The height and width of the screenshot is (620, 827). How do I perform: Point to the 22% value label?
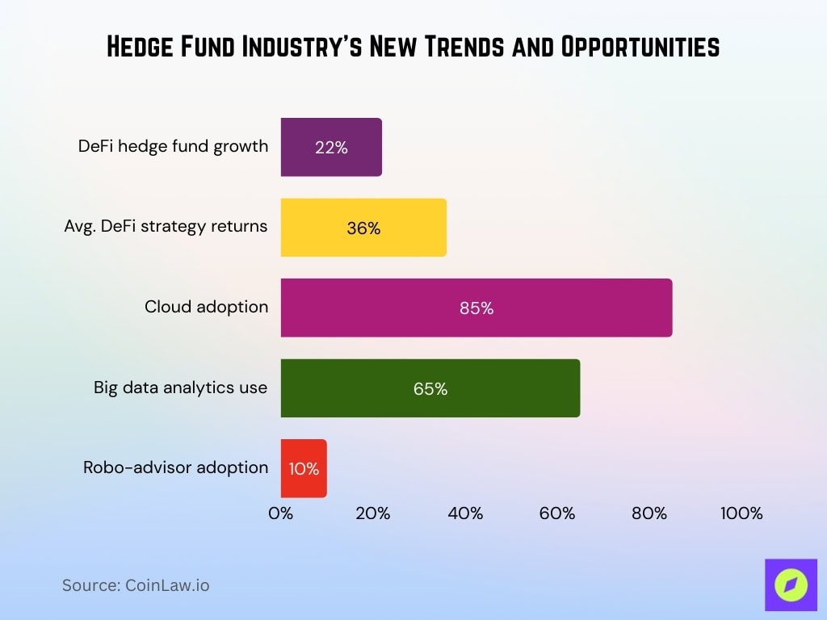[331, 148]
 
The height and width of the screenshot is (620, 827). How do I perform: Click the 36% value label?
[363, 228]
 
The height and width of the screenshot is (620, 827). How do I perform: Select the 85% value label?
[476, 308]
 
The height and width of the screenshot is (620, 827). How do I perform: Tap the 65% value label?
[430, 389]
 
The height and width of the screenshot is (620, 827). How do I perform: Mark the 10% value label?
[304, 469]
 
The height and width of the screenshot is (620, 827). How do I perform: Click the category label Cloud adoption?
[206, 307]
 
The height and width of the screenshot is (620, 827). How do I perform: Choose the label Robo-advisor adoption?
[175, 467]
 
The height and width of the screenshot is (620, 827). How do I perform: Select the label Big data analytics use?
[180, 387]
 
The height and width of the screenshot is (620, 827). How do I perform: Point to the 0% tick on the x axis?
[281, 513]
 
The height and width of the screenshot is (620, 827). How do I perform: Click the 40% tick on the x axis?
[465, 513]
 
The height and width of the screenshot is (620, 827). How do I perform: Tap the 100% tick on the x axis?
[741, 513]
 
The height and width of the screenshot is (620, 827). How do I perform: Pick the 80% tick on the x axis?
[649, 513]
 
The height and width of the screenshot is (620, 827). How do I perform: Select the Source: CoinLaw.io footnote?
[136, 585]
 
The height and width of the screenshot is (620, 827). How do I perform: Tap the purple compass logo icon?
[791, 584]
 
